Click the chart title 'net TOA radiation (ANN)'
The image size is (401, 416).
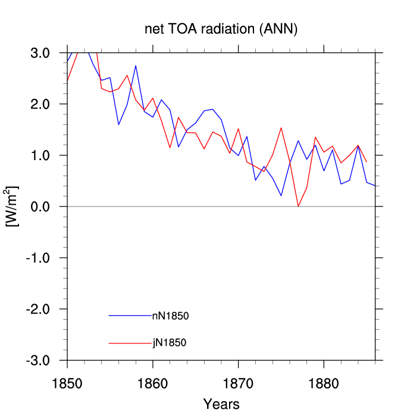221,29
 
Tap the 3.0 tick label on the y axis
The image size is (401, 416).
40,53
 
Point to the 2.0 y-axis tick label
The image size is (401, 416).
40,104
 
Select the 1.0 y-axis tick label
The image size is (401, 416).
40,155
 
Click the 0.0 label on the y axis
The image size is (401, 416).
40,207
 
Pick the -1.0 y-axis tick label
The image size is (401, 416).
38,258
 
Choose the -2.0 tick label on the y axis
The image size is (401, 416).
38,309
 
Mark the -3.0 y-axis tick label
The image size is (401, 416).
38,361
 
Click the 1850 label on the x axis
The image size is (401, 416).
67,384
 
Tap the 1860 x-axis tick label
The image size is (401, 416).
153,384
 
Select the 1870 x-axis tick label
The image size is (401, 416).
238,384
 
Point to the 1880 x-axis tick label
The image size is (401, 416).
324,384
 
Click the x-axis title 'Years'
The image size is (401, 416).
221,404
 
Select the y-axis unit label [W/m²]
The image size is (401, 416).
11,207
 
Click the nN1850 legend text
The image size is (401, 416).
171,316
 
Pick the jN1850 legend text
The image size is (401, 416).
170,343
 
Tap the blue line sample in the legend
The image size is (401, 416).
130,315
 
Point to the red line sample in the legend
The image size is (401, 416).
130,343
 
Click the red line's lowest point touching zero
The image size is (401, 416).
298,206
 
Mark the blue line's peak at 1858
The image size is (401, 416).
136,65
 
